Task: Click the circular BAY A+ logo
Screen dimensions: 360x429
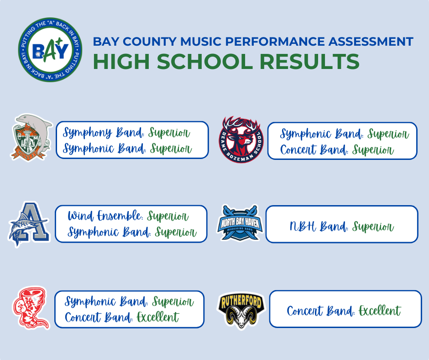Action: pyautogui.click(x=50, y=50)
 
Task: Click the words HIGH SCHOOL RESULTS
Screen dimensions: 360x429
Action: pyautogui.click(x=226, y=62)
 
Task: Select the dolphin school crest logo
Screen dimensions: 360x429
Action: pyautogui.click(x=31, y=137)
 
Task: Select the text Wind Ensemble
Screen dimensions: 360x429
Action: pyautogui.click(x=105, y=216)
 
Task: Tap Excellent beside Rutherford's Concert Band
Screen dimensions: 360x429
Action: pyautogui.click(x=380, y=312)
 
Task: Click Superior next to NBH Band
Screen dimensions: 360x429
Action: pyautogui.click(x=373, y=226)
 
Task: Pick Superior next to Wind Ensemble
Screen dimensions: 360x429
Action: pyautogui.click(x=168, y=216)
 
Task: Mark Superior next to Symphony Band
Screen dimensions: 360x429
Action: pyautogui.click(x=169, y=133)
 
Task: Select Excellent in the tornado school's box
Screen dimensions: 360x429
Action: pyautogui.click(x=158, y=317)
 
